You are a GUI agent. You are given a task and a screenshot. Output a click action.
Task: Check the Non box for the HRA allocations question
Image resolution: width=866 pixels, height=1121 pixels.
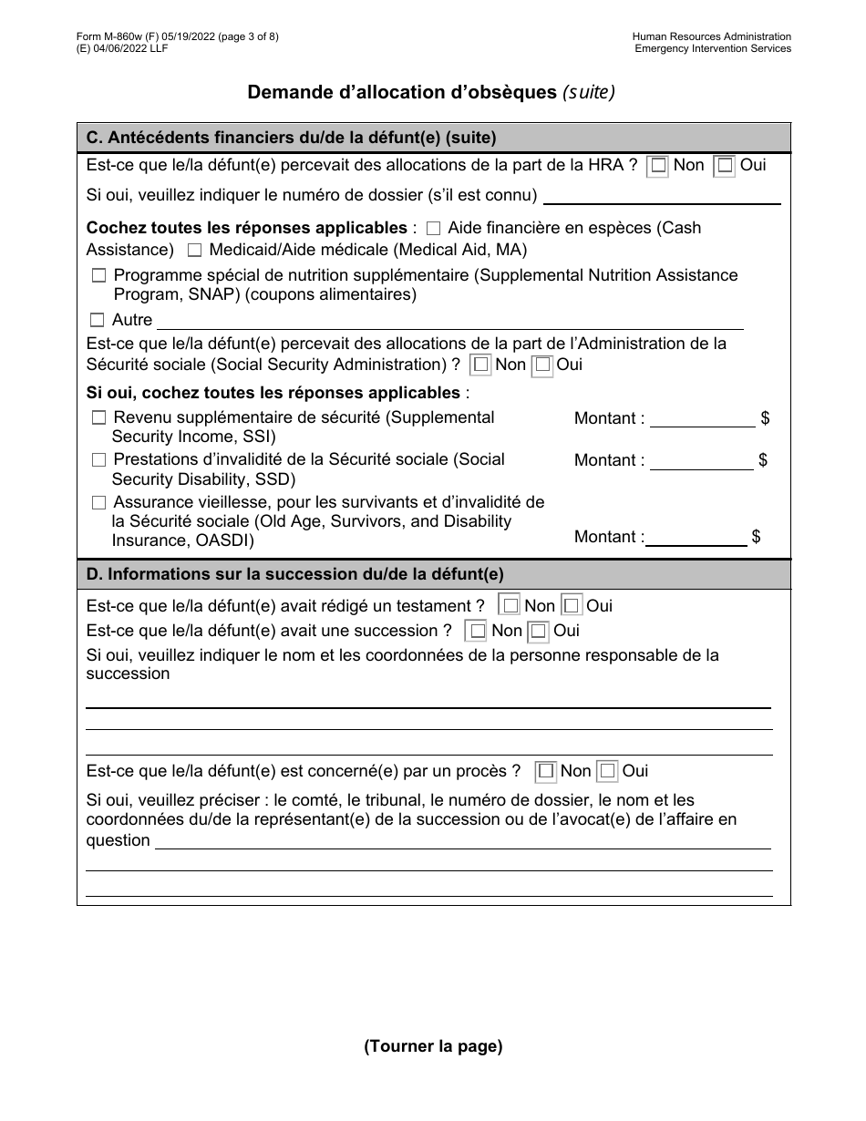(x=658, y=166)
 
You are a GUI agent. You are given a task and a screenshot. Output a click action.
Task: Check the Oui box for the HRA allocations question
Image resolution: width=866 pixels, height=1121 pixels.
(x=725, y=166)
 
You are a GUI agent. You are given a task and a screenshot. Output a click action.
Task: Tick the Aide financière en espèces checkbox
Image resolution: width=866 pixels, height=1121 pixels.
(x=433, y=229)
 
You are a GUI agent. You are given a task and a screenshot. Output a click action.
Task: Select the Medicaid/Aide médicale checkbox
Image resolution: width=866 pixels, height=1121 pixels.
(x=194, y=250)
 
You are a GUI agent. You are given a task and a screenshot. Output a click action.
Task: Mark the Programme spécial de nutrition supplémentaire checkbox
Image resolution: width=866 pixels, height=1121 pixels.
(x=98, y=275)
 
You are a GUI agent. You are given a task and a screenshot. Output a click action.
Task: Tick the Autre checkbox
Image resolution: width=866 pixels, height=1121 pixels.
(x=98, y=320)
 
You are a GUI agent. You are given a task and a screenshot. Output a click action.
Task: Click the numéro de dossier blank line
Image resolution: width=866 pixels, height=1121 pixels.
(x=662, y=197)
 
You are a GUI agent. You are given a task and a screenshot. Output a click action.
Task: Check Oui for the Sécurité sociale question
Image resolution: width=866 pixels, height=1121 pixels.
(x=543, y=365)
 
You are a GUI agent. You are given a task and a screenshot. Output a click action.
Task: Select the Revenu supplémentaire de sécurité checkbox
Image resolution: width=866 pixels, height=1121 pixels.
(x=98, y=417)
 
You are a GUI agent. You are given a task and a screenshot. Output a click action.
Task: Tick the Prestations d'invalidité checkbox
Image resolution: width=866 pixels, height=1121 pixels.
(x=98, y=460)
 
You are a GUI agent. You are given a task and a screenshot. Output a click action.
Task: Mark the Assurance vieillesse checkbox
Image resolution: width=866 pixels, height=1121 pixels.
(x=98, y=502)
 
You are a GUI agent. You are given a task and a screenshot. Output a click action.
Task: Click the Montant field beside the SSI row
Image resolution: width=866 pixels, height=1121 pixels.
(x=702, y=419)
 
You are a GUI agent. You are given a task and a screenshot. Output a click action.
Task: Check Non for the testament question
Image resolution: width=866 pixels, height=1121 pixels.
(x=510, y=606)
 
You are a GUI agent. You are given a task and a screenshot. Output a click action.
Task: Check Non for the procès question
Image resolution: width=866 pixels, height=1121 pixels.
(x=546, y=771)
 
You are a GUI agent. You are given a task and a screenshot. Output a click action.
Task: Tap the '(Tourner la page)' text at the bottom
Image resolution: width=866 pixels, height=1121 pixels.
(x=433, y=1046)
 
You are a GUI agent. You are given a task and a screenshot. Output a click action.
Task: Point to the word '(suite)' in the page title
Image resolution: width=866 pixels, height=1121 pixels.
(x=588, y=92)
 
